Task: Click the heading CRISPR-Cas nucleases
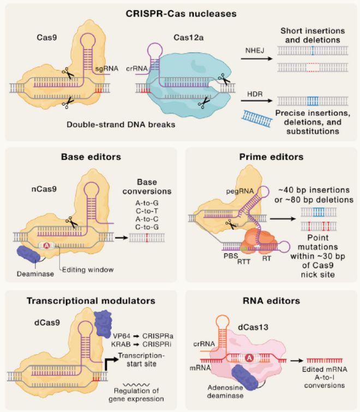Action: coord(179,13)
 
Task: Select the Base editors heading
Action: coord(91,157)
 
